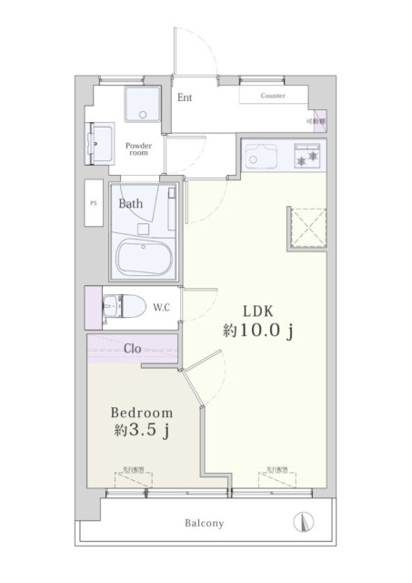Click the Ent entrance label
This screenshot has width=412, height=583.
185,98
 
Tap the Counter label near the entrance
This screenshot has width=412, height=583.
273,96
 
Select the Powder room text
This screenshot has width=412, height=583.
138,149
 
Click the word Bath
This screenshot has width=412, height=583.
131,204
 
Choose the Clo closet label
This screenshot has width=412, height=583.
131,347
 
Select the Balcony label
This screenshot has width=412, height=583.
205,524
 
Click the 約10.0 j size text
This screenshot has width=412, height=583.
257,332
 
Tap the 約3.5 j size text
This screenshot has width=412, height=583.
143,430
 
